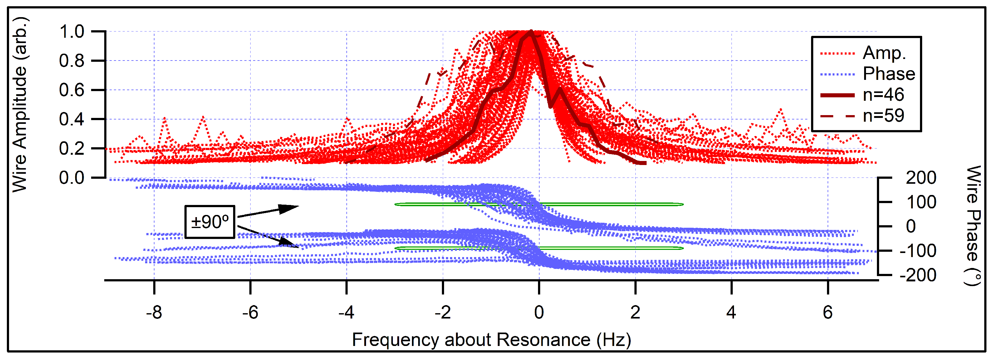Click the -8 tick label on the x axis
154,312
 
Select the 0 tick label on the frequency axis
539,312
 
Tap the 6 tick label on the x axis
827,312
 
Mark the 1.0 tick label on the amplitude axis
72,32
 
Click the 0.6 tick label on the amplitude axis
72,90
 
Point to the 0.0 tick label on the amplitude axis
72,178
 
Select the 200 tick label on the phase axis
921,178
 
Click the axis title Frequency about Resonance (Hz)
492,340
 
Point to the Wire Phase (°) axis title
973,226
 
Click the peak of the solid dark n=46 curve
531,32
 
